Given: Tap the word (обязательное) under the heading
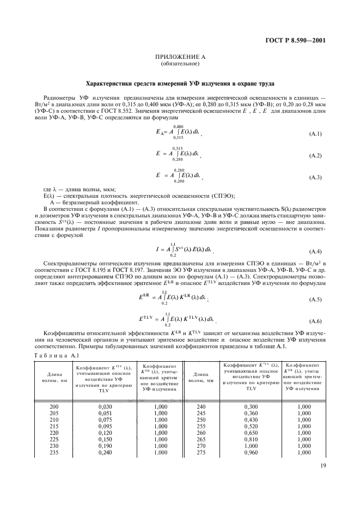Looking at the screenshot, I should click(x=180, y=64).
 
